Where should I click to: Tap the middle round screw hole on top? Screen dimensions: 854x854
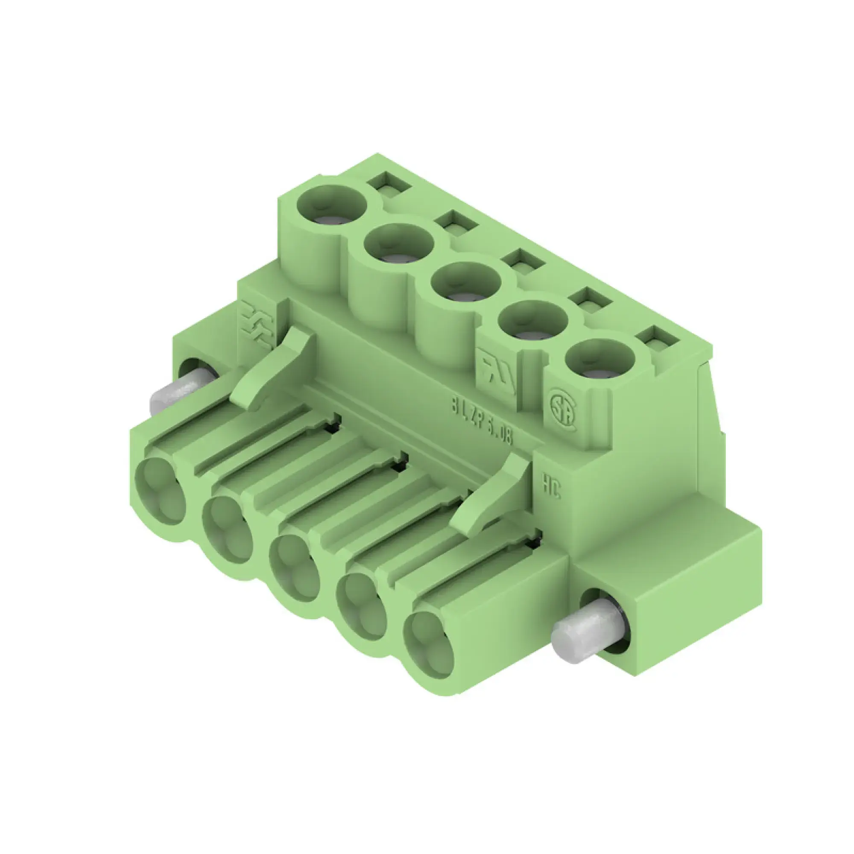click(466, 281)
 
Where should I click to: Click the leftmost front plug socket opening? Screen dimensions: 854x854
click(162, 491)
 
